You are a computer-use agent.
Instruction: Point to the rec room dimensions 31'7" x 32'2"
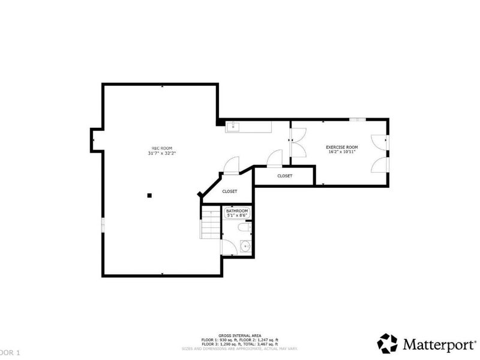pyautogui.click(x=161, y=154)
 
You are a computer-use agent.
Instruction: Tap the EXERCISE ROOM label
pyautogui.click(x=341, y=147)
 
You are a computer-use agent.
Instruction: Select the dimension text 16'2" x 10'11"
pyautogui.click(x=341, y=152)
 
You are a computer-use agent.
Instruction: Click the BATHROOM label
pyautogui.click(x=237, y=211)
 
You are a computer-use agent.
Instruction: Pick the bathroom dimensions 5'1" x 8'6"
pyautogui.click(x=237, y=216)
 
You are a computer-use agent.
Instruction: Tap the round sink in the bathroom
pyautogui.click(x=245, y=245)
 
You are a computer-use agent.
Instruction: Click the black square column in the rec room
pyautogui.click(x=150, y=194)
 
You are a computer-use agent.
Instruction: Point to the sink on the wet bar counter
pyautogui.click(x=232, y=127)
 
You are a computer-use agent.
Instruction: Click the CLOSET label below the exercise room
pyautogui.click(x=284, y=176)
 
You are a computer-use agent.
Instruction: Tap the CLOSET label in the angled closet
pyautogui.click(x=229, y=191)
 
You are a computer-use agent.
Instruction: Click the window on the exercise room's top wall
pyautogui.click(x=358, y=120)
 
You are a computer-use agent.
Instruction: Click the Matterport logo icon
pyautogui.click(x=387, y=343)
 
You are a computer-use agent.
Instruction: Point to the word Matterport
pyautogui.click(x=438, y=344)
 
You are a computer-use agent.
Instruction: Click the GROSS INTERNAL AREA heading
pyautogui.click(x=239, y=335)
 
